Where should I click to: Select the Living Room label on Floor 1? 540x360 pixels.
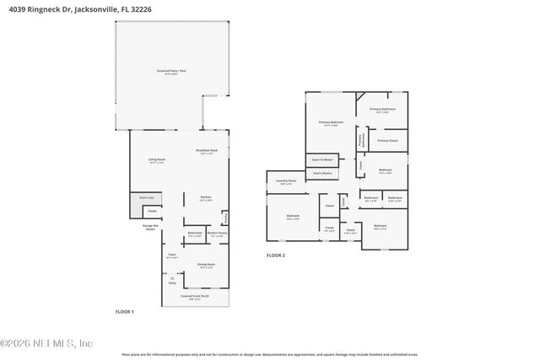[156, 161]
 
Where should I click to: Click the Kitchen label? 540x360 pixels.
[205, 199]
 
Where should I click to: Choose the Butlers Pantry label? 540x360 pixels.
[217, 234]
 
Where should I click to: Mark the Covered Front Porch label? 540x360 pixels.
[196, 298]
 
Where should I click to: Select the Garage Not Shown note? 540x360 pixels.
[150, 228]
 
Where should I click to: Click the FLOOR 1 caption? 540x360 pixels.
[124, 312]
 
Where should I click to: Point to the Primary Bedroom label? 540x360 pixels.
[331, 124]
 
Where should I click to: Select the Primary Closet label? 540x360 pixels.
[388, 141]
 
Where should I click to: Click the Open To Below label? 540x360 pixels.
[322, 159]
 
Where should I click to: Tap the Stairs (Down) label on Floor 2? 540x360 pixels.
[322, 173]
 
